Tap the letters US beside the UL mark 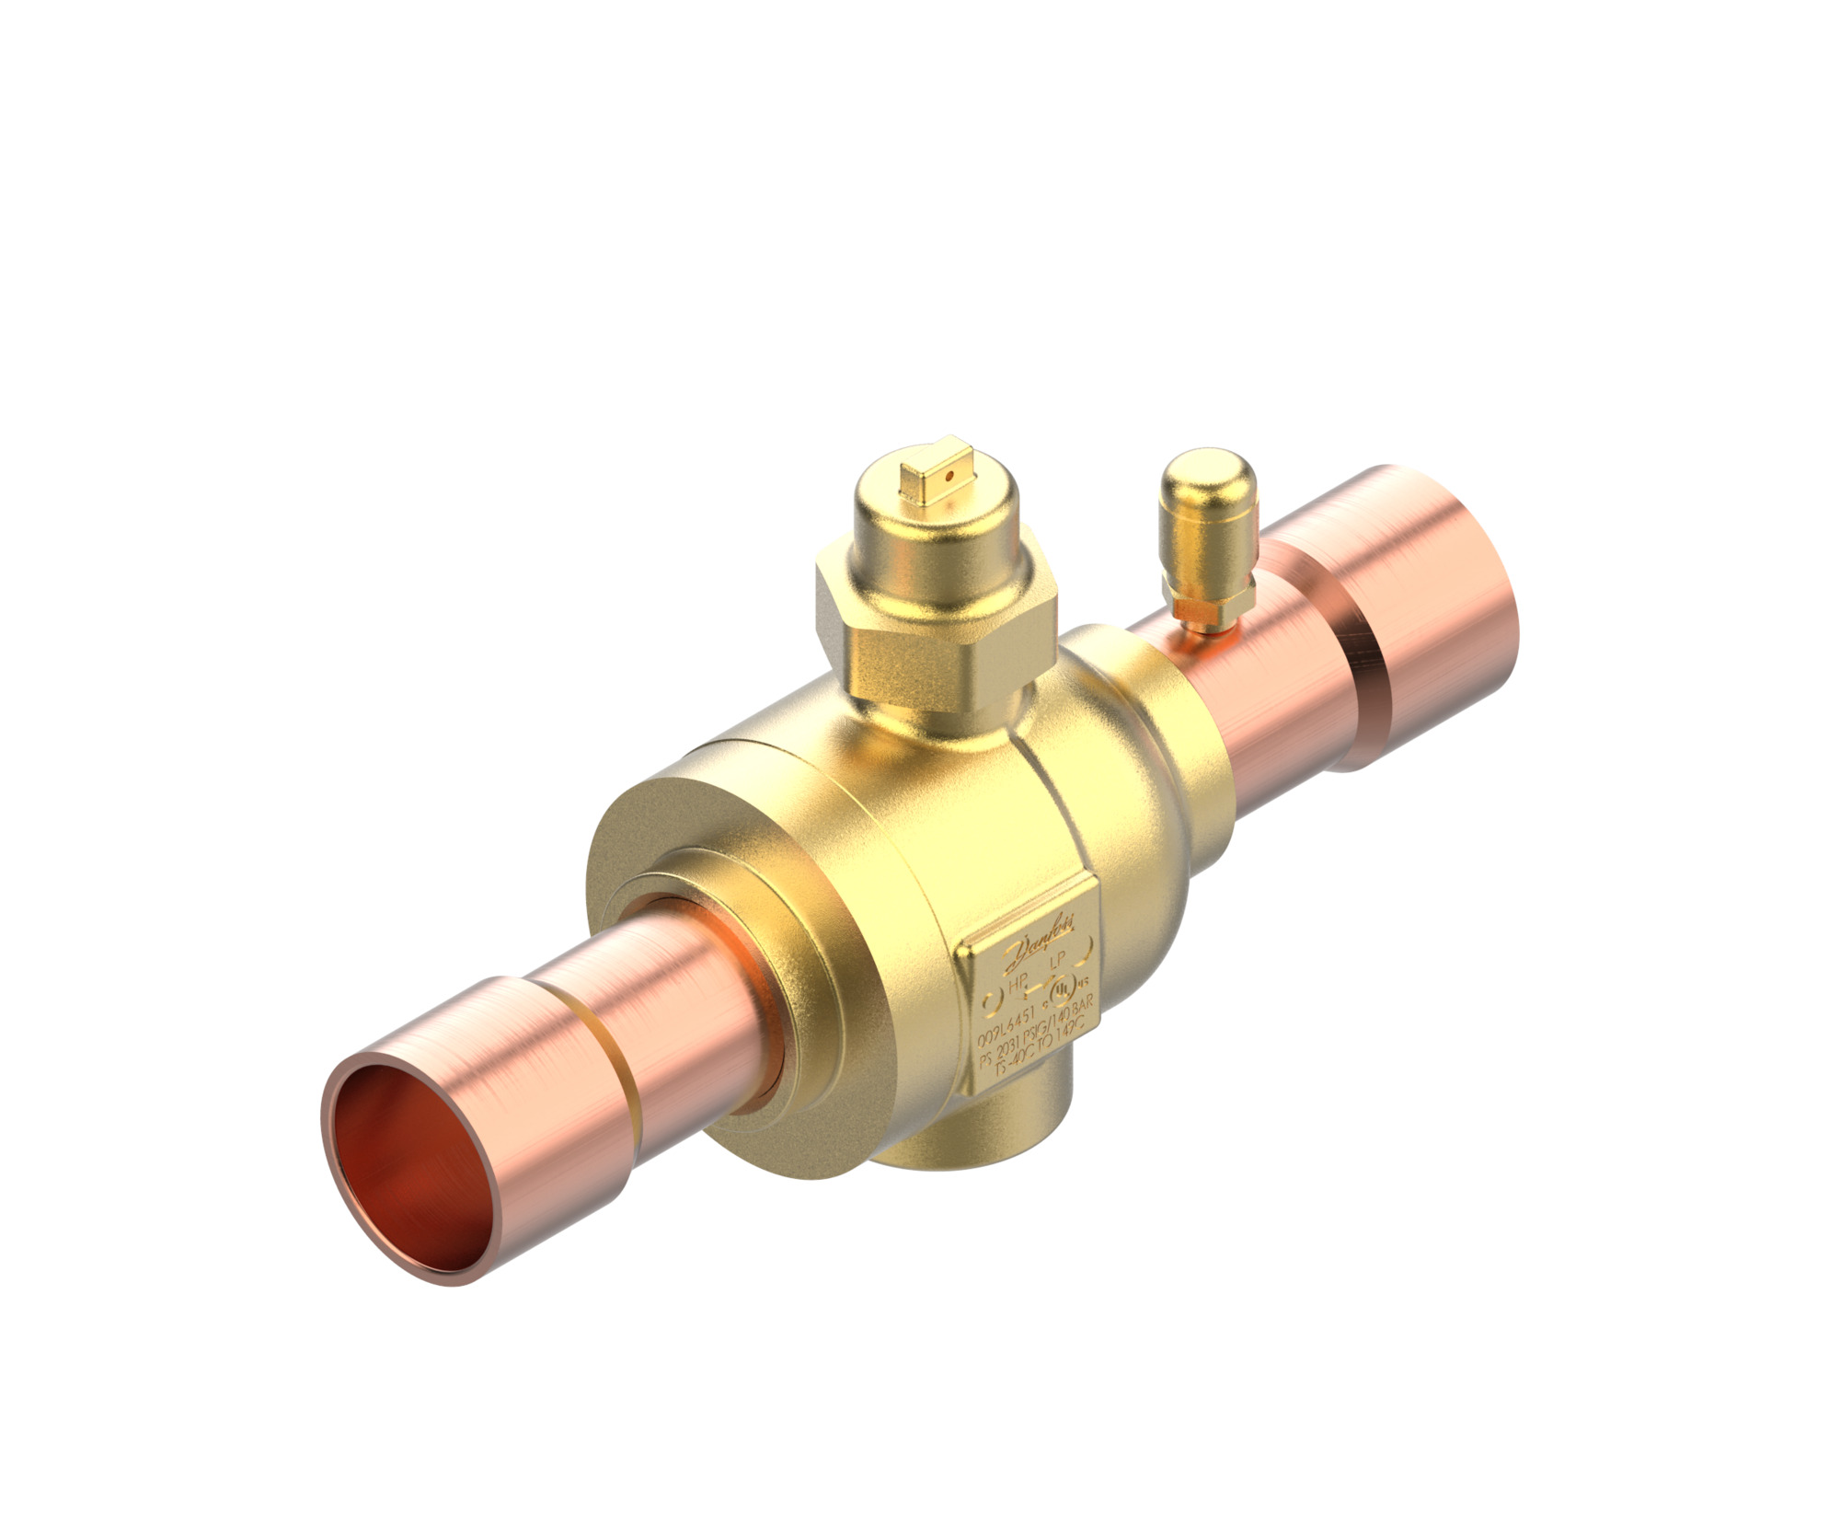pyautogui.click(x=1083, y=982)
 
